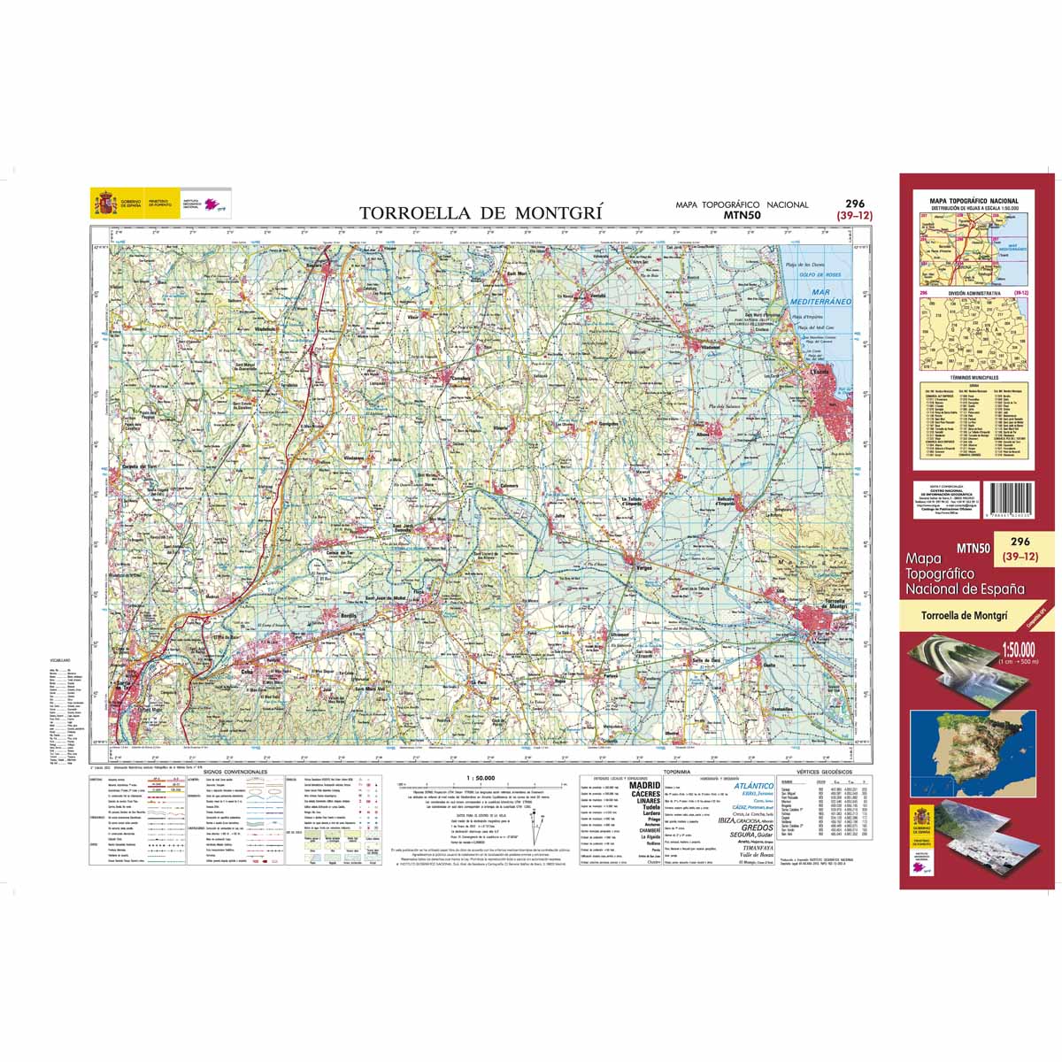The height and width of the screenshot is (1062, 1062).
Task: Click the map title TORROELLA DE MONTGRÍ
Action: (481, 212)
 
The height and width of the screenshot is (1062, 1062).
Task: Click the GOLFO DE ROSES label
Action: (818, 275)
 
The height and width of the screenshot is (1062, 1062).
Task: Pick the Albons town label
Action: (703, 435)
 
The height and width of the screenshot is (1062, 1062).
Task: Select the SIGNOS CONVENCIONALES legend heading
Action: (234, 772)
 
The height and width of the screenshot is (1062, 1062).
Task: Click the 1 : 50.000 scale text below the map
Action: (480, 777)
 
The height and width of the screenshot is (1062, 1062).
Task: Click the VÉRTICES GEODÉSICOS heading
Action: (819, 772)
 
